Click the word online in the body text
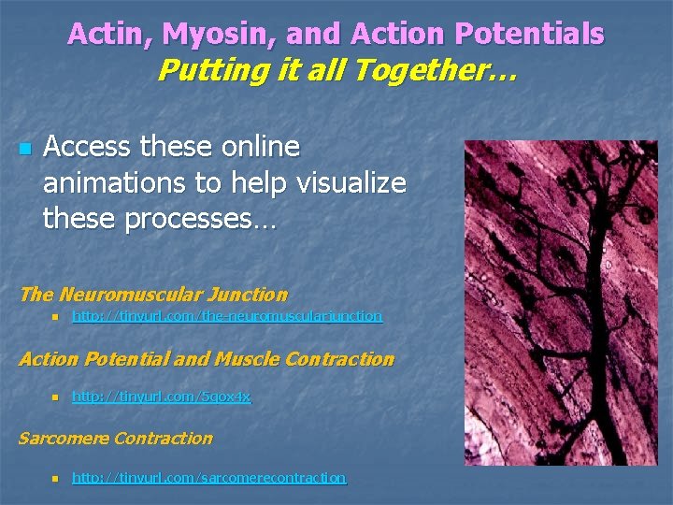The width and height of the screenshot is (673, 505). pos(252,147)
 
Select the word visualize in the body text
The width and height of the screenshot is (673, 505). pos(351,182)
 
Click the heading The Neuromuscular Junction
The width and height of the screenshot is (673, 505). pos(153,295)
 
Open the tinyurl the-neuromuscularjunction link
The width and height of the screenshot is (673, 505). pos(227,316)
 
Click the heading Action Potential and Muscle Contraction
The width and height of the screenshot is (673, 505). pos(207,359)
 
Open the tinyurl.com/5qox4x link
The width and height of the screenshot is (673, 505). pos(162,397)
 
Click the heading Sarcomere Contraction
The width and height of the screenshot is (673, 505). pos(116,438)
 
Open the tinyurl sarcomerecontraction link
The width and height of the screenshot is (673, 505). pos(209,477)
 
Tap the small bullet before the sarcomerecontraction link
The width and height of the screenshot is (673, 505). pos(55,478)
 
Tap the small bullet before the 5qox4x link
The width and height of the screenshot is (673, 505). pos(55,397)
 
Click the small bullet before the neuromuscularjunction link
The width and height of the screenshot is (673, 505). pos(55,317)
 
